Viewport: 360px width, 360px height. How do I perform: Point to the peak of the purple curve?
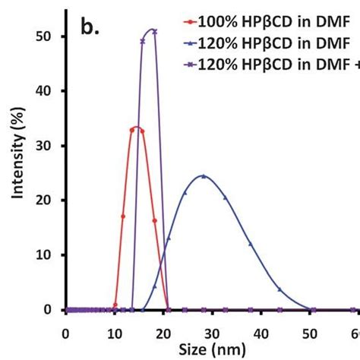click(x=152, y=30)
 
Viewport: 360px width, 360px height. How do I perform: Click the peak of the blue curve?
click(x=203, y=176)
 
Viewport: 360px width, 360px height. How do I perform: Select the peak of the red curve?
click(x=137, y=127)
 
